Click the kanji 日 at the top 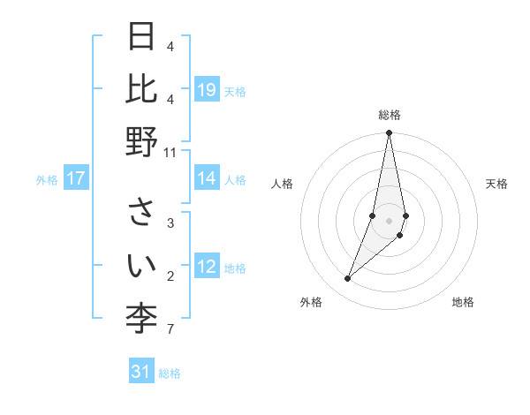coord(142,38)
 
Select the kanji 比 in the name coord(142,88)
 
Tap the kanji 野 coord(142,141)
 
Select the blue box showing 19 coord(207,90)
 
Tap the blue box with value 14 coord(207,179)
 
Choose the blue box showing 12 coord(207,268)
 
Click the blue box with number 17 coord(76,179)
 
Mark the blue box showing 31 coord(141,373)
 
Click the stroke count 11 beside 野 coord(170,152)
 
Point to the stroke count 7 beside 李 coord(170,329)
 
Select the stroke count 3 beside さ coord(170,223)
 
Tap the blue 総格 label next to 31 coord(170,373)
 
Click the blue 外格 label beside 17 coord(47,180)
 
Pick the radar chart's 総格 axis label coord(389,115)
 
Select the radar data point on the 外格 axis coord(348,279)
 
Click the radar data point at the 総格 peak coord(389,133)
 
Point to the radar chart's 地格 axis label coord(463,303)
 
